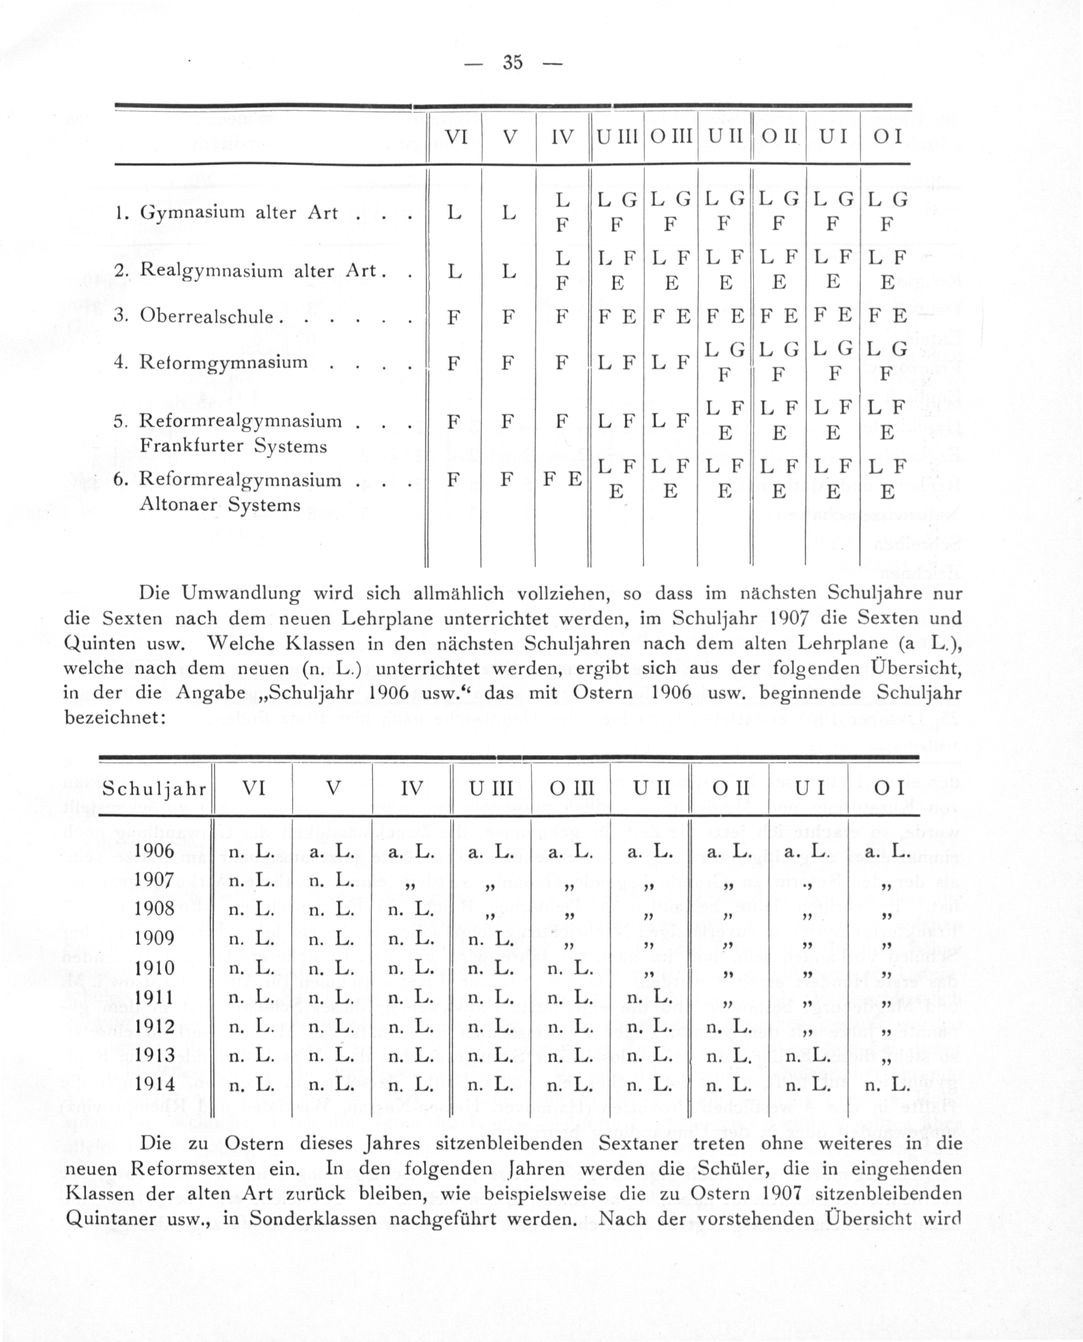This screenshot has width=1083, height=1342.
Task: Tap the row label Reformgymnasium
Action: point(223,362)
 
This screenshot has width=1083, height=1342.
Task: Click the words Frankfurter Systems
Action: point(233,446)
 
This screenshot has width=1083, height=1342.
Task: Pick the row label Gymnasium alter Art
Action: point(238,213)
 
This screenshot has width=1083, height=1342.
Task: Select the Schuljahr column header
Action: point(154,789)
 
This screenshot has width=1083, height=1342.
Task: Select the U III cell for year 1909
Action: point(490,940)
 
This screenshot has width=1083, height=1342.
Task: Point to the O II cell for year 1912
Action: point(729,1027)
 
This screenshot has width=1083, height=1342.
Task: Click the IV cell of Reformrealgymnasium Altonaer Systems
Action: point(562,480)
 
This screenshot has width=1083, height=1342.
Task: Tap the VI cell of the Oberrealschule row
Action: point(454,317)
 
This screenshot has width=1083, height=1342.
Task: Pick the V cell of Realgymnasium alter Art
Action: point(509,271)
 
